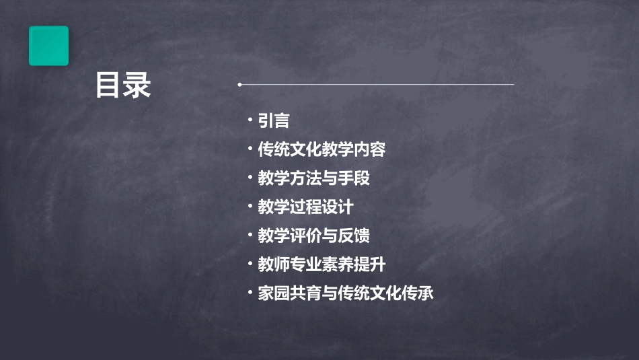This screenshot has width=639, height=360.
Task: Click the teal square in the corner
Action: click(x=48, y=46)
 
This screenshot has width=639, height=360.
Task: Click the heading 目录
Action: click(x=123, y=86)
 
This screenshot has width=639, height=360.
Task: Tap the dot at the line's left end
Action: click(x=239, y=85)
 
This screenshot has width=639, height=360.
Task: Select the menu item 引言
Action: click(x=273, y=121)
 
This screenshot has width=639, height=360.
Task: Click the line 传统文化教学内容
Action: click(x=322, y=149)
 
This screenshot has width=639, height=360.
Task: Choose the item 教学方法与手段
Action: click(x=313, y=178)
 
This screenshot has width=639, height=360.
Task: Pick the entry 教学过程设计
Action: click(x=305, y=207)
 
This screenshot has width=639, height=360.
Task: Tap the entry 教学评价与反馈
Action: click(x=313, y=236)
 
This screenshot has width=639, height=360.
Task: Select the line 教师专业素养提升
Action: click(x=322, y=264)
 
